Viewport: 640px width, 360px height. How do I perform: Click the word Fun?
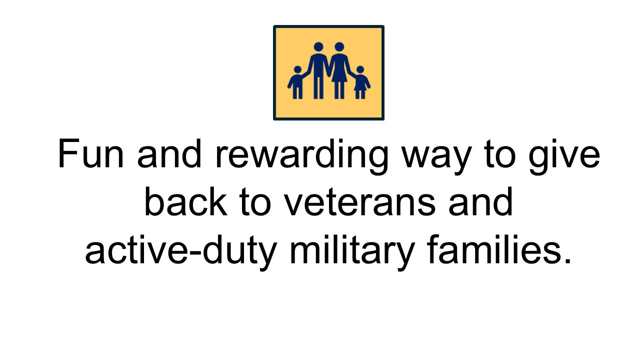tap(91, 153)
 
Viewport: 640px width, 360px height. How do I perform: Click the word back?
tap(186, 201)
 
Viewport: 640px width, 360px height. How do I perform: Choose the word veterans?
tap(360, 203)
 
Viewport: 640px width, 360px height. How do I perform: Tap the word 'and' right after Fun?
tap(169, 153)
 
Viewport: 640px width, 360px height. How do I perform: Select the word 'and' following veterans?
tap(480, 201)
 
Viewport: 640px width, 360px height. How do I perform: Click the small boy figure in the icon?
tap(297, 82)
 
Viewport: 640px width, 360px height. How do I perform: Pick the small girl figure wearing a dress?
tap(360, 82)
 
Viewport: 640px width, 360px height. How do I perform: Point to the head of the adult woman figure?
tap(339, 46)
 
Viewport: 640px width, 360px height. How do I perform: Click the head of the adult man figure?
tap(318, 46)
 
